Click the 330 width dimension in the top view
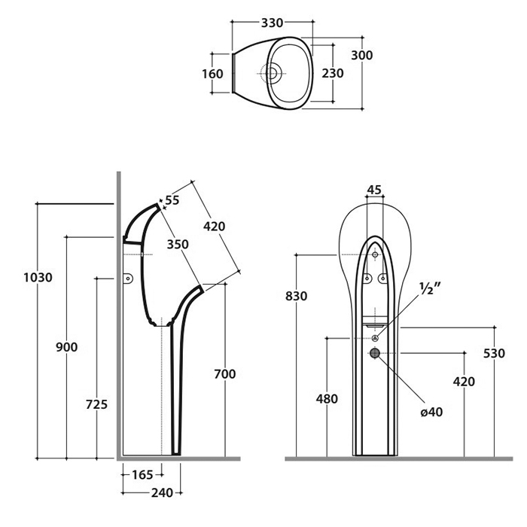273,23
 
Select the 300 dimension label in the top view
362,56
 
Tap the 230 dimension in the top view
333,73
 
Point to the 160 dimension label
212,74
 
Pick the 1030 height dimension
38,277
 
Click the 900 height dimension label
67,347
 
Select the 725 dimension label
96,404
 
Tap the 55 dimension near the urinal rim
172,200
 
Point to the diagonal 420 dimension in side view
214,226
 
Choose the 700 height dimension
224,373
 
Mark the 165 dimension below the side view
142,474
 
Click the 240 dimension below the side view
162,493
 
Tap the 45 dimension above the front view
374,190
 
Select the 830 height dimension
297,297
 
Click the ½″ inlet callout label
428,288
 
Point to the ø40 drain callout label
431,412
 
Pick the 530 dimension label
494,353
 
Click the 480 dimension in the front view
327,399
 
